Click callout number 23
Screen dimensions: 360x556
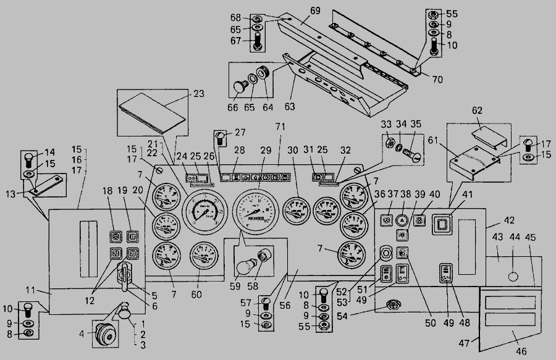(199, 94)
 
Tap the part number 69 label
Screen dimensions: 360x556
(315, 11)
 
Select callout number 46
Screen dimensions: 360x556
(522, 352)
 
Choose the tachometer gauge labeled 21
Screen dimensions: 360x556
(201, 212)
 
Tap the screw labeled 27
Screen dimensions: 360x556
(219, 136)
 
